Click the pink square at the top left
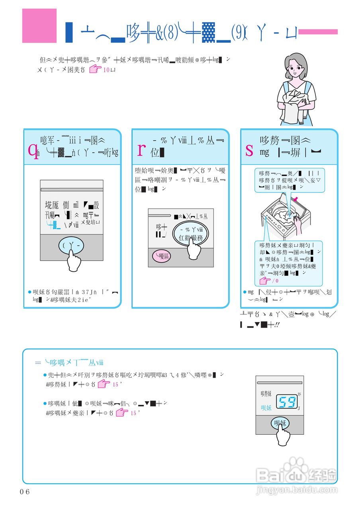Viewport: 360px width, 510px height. [39, 25]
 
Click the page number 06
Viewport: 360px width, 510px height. [25, 491]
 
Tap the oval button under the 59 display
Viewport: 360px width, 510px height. [280, 423]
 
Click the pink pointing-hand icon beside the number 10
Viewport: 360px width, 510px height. [94, 70]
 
